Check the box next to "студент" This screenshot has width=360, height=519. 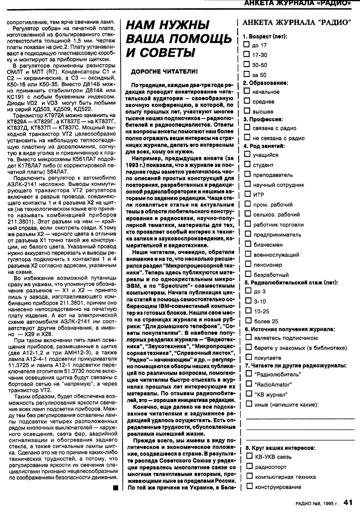click(x=247, y=164)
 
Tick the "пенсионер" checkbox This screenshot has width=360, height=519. click(x=248, y=264)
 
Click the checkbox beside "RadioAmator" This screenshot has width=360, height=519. click(x=249, y=384)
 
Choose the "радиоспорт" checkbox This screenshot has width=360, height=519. click(x=249, y=466)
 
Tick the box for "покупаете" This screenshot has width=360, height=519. click(x=249, y=357)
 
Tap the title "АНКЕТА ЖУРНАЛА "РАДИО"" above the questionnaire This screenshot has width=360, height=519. click(x=297, y=23)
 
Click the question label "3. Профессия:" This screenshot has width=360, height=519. click(x=263, y=119)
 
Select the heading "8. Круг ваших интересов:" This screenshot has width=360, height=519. click(x=280, y=448)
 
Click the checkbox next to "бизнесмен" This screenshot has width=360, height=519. click(x=248, y=244)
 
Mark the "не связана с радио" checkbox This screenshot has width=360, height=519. click(x=247, y=138)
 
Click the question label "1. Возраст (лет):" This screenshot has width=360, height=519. click(x=265, y=36)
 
